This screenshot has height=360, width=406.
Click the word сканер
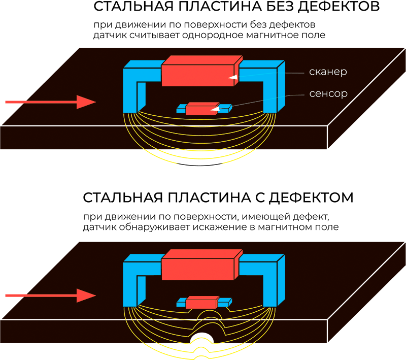click(x=328, y=72)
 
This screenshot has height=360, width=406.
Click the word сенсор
click(x=328, y=94)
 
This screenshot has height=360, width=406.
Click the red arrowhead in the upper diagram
click(x=86, y=102)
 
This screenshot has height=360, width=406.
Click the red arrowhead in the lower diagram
click(x=86, y=296)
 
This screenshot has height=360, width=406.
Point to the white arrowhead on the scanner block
click(x=233, y=77)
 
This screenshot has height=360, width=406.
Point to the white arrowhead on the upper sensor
click(x=215, y=108)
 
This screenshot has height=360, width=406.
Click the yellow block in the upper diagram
click(x=199, y=157)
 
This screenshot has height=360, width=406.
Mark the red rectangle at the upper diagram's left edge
click(x=12, y=76)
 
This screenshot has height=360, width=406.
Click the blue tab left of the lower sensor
click(x=181, y=303)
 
